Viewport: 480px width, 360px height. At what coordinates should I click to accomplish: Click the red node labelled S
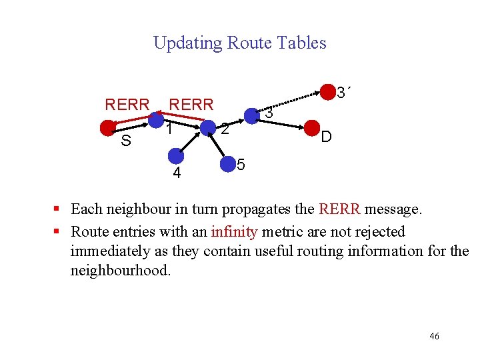[107, 128]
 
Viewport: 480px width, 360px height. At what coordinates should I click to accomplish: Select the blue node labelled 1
[156, 120]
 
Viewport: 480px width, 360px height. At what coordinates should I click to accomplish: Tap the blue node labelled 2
[208, 127]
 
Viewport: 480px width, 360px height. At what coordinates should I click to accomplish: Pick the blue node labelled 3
[251, 116]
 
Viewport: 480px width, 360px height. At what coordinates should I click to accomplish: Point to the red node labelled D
[311, 127]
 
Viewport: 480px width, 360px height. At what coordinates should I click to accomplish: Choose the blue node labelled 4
[175, 156]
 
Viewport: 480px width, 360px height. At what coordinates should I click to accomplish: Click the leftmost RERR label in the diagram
[127, 105]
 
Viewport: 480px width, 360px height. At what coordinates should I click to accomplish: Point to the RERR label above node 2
[191, 105]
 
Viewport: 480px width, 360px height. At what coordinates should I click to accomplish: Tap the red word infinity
[235, 231]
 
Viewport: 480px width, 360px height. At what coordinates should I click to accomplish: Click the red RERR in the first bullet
[340, 209]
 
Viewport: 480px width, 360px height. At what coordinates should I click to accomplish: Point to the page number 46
[434, 337]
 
